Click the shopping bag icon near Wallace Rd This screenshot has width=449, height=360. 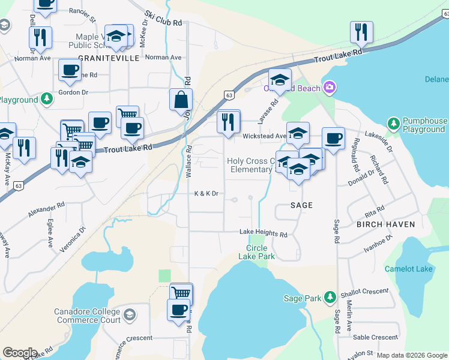coord(181,100)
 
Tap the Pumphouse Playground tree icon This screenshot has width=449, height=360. coord(393,124)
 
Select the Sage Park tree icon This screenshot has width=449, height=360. coord(329,297)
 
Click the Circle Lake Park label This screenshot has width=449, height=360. coord(261,252)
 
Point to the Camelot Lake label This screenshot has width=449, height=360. coord(408,269)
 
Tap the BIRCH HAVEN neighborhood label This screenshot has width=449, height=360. coord(385,224)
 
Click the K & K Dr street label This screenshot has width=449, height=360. coord(206,194)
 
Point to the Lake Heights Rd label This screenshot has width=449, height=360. coord(264,233)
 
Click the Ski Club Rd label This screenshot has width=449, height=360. coord(163,20)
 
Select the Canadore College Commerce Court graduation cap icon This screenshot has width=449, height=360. coord(129,314)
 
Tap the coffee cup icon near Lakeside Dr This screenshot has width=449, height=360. coord(333,139)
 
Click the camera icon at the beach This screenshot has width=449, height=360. coord(328,89)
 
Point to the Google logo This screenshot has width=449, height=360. coord(20,353)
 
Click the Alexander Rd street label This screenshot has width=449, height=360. coord(46,210)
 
